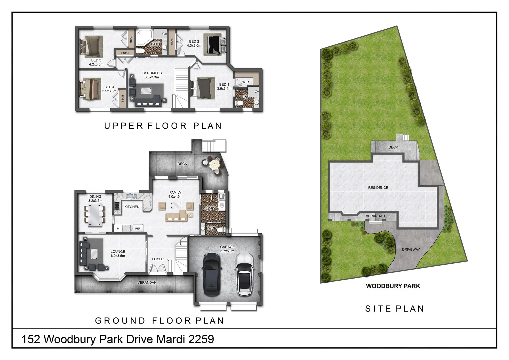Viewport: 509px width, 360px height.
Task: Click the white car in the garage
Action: coord(244,274)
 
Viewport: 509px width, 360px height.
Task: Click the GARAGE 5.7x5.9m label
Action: coord(227,249)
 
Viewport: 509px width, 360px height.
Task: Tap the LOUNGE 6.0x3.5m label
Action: coord(118,254)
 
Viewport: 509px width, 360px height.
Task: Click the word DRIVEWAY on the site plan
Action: coord(411,249)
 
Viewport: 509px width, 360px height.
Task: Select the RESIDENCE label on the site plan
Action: coord(378,188)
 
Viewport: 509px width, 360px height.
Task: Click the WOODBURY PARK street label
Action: coord(393,286)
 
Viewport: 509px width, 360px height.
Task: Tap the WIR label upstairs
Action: coord(245,82)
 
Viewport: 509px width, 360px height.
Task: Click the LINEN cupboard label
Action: coord(125,53)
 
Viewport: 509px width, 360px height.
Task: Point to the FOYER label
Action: coord(158,259)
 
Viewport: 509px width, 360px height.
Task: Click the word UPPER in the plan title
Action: coord(123,126)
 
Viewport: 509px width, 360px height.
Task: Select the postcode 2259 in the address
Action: coord(201,339)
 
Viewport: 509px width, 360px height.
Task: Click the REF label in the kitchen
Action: coord(138,229)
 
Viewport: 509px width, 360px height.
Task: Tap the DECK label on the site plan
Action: coord(393,147)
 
